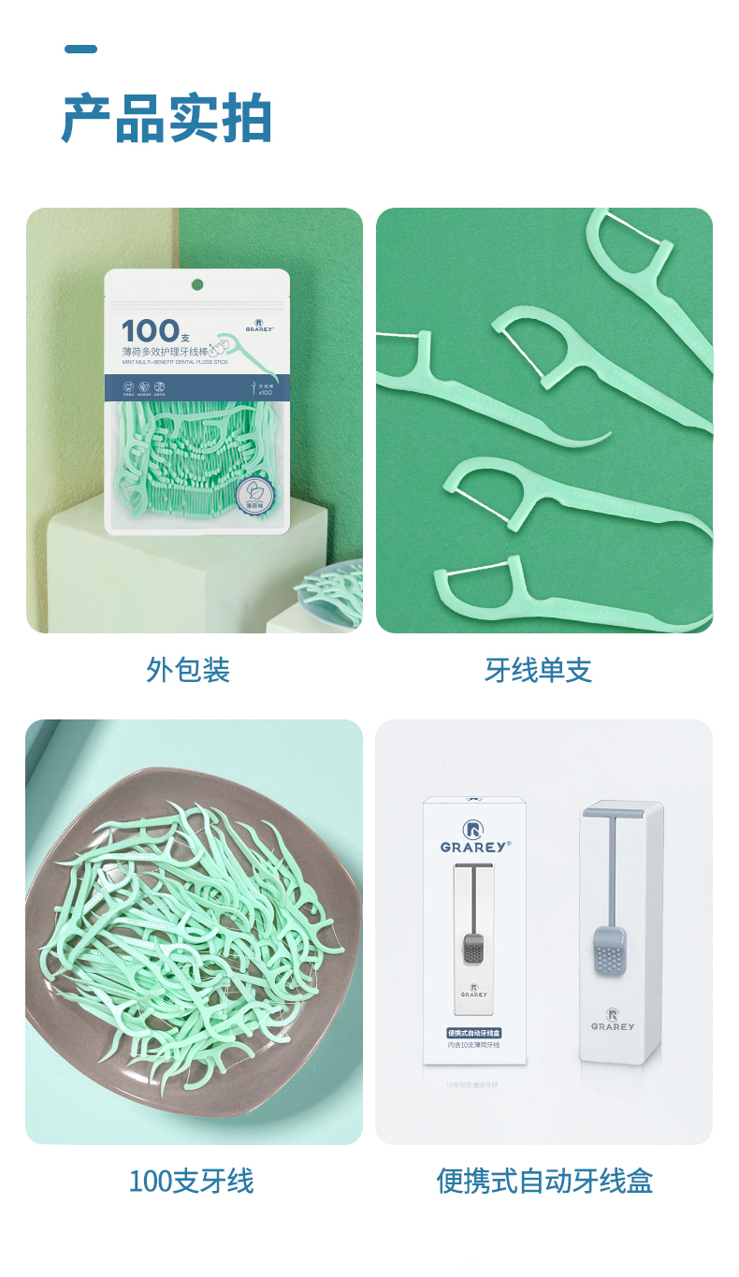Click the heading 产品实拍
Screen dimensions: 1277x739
click(x=167, y=119)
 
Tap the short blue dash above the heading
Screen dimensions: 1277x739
click(x=80, y=49)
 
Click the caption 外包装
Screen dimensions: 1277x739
click(x=188, y=670)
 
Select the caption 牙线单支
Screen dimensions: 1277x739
click(x=538, y=670)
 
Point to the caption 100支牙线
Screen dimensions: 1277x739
click(x=191, y=1181)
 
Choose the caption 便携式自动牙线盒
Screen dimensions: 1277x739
click(x=544, y=1181)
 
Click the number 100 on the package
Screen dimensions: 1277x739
click(x=150, y=330)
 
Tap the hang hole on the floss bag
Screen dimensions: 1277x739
click(x=197, y=284)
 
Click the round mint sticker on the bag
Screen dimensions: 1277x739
click(x=254, y=493)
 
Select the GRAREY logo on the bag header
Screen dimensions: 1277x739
click(x=258, y=325)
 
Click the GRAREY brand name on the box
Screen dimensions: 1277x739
click(x=474, y=846)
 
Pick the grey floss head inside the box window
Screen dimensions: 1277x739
click(x=474, y=950)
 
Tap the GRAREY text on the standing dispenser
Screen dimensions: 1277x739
click(x=613, y=1025)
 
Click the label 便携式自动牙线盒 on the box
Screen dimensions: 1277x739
click(x=474, y=1033)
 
